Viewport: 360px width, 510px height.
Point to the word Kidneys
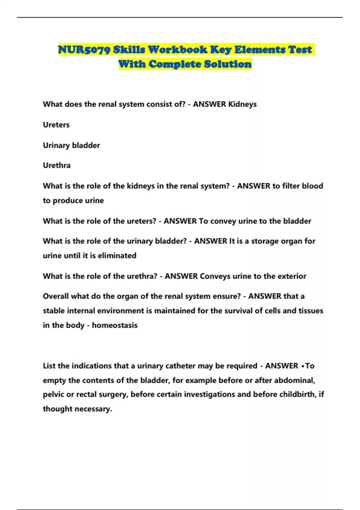pyautogui.click(x=242, y=104)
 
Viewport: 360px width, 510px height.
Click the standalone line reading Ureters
pyautogui.click(x=56, y=125)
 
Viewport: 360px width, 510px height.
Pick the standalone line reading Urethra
pyautogui.click(x=57, y=165)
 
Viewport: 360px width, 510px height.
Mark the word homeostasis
pyautogui.click(x=115, y=325)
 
